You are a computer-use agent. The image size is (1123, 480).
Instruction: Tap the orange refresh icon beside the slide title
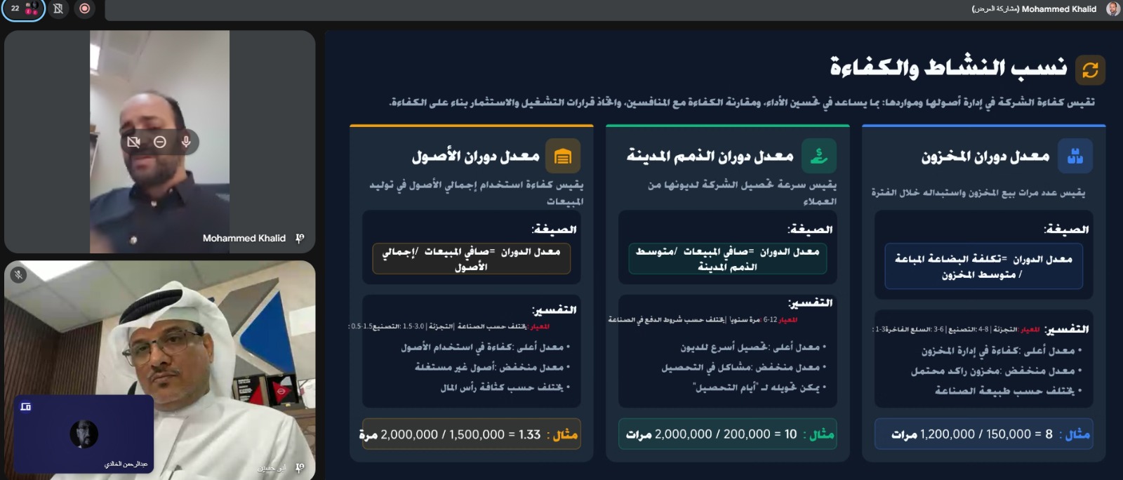[x=1090, y=69]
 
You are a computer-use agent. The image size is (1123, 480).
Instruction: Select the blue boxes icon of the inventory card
[x=1075, y=156]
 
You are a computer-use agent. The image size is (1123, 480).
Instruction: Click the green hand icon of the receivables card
[x=818, y=156]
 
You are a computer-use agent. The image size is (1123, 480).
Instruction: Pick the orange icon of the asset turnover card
[x=562, y=156]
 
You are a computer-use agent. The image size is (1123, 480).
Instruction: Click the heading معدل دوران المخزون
[x=985, y=156]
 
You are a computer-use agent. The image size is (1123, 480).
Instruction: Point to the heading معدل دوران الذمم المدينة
[x=710, y=156]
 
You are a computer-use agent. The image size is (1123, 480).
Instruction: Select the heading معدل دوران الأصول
[x=475, y=156]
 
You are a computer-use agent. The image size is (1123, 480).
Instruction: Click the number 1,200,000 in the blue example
[x=947, y=434]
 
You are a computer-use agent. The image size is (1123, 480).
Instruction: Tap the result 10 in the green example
[x=790, y=434]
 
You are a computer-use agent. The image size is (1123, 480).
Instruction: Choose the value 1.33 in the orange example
[x=529, y=434]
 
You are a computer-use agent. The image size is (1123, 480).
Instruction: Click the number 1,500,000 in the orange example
[x=477, y=434]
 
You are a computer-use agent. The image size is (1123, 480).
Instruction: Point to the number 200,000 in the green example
[x=747, y=434]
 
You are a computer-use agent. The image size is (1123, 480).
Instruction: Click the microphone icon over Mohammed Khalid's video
[x=186, y=142]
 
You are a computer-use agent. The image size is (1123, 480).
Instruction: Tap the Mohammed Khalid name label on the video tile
[x=244, y=239]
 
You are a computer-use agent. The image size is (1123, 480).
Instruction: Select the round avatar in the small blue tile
[x=84, y=434]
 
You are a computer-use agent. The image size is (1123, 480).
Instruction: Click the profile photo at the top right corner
[x=1112, y=9]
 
